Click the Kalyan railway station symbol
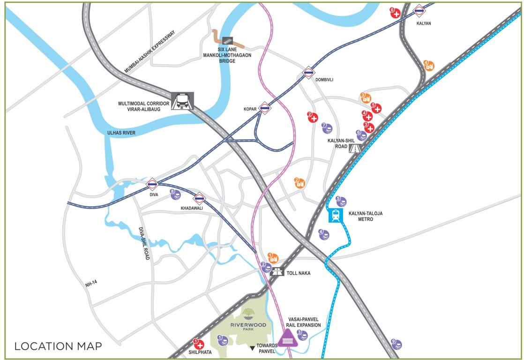[419, 10]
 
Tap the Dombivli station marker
[308, 72]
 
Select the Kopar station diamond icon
[265, 109]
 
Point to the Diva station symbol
[152, 185]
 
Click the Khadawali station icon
[199, 198]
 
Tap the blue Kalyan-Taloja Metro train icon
[336, 216]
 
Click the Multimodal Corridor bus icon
[182, 101]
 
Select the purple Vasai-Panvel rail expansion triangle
[286, 338]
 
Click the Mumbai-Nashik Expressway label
[149, 52]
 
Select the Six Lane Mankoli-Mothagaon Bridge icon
[228, 41]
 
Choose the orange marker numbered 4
[429, 66]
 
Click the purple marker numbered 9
[397, 345]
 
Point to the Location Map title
[58, 346]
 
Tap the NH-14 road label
[91, 284]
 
